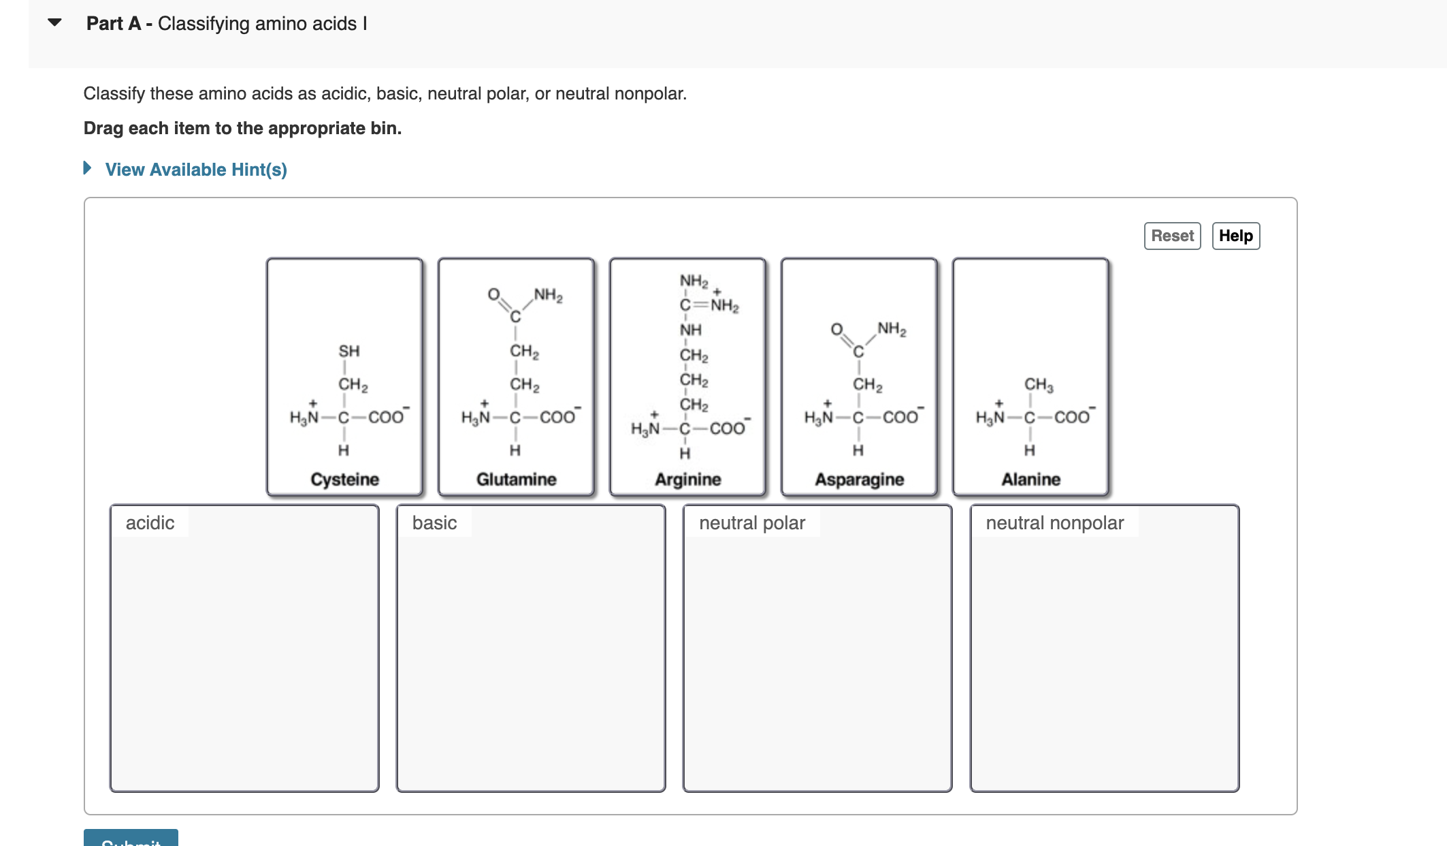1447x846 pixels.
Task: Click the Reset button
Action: pyautogui.click(x=1172, y=236)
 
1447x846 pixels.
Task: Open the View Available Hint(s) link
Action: pyautogui.click(x=195, y=170)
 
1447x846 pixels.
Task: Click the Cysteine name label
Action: pyautogui.click(x=344, y=480)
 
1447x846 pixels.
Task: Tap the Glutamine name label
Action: pyautogui.click(x=516, y=480)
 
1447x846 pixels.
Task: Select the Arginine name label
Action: pyautogui.click(x=687, y=480)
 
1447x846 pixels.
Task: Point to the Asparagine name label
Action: pyautogui.click(x=859, y=480)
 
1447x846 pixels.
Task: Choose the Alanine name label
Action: pyautogui.click(x=1030, y=480)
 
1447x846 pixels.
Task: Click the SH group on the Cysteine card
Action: pyautogui.click(x=348, y=351)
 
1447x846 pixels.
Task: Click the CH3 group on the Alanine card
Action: pyautogui.click(x=1038, y=385)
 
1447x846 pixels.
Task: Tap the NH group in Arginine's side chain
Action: pyautogui.click(x=690, y=330)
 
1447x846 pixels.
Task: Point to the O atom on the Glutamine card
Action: pyautogui.click(x=493, y=294)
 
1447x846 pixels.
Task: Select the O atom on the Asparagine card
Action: pyautogui.click(x=836, y=330)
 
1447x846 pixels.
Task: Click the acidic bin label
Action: pyautogui.click(x=150, y=523)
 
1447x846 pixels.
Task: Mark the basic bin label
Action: pyautogui.click(x=434, y=523)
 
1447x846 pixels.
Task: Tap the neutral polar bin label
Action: pyautogui.click(x=751, y=523)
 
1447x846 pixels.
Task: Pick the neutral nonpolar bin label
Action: pyautogui.click(x=1054, y=523)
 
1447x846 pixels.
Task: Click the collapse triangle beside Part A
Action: pyautogui.click(x=55, y=23)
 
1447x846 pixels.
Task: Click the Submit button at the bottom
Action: pyautogui.click(x=131, y=839)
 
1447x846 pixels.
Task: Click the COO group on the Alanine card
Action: pyautogui.click(x=1071, y=417)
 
